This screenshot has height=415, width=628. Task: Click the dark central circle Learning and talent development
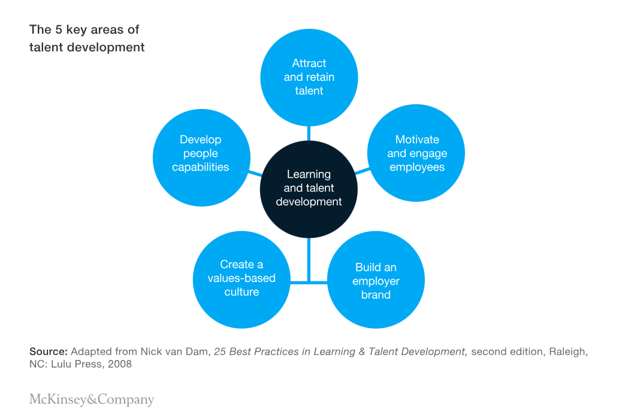click(x=309, y=189)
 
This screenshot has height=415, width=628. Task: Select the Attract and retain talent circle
click(x=309, y=77)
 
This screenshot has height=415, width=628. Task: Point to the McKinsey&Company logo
click(x=92, y=399)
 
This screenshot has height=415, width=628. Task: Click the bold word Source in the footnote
click(x=48, y=352)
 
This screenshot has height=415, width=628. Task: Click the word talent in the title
click(x=46, y=47)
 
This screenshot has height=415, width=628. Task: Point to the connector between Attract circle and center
click(x=309, y=133)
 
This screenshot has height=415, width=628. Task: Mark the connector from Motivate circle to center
click(x=363, y=172)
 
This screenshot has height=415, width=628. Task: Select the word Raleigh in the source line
click(x=566, y=352)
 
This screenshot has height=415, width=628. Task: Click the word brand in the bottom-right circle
click(x=376, y=295)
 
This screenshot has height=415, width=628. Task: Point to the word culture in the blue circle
click(x=241, y=292)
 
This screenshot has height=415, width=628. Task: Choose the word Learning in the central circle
click(x=309, y=174)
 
